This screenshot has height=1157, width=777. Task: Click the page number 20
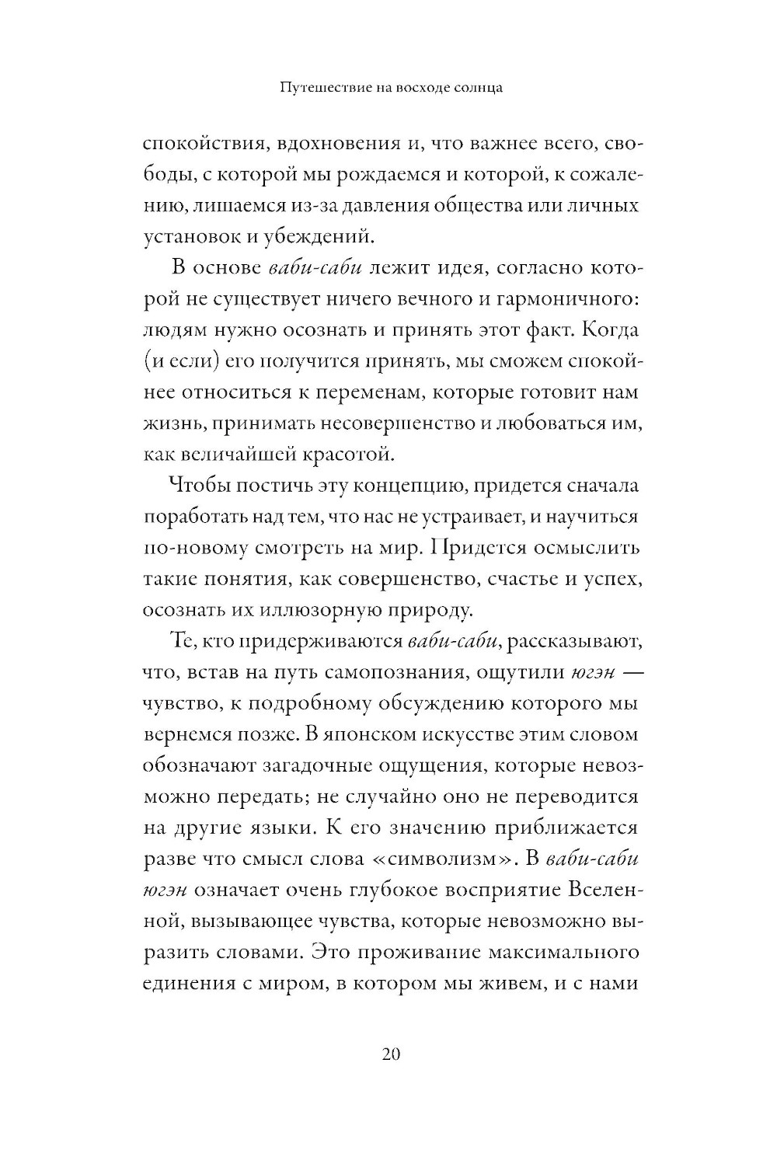[390, 1054]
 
